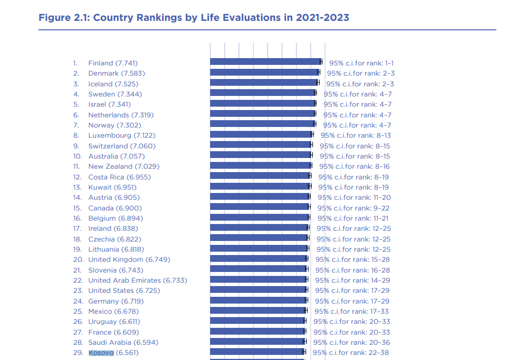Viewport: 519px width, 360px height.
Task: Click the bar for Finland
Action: (265, 62)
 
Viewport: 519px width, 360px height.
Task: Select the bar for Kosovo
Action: (257, 352)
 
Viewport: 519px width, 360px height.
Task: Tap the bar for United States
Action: (258, 289)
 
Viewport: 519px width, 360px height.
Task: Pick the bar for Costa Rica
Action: (260, 175)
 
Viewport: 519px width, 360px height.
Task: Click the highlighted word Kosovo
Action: (101, 353)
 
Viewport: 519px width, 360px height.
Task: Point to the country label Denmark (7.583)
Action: (116, 73)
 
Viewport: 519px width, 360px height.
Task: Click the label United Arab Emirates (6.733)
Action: (138, 280)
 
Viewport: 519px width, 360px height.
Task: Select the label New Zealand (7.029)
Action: (124, 166)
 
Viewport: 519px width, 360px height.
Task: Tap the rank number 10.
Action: (77, 156)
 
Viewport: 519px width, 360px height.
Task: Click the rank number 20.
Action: (78, 260)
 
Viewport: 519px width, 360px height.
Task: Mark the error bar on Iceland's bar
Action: (318, 82)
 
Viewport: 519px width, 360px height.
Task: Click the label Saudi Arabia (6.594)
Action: (123, 343)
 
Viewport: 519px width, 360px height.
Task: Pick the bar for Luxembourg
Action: (261, 134)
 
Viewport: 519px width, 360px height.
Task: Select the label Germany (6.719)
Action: (116, 301)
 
